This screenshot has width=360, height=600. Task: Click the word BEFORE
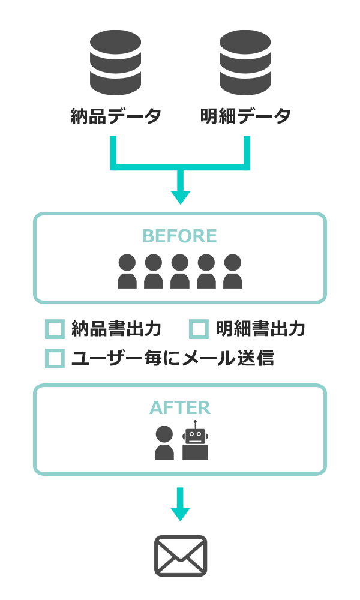(x=179, y=236)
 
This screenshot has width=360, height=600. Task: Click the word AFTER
(x=180, y=408)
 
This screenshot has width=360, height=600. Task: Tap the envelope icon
(x=181, y=556)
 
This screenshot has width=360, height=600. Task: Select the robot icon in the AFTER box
(x=196, y=445)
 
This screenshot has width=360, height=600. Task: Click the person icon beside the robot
(x=164, y=443)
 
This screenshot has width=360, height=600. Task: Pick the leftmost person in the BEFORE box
(x=127, y=272)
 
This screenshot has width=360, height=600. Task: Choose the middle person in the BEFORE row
(x=180, y=272)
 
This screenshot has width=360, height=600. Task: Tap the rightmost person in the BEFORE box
(x=233, y=272)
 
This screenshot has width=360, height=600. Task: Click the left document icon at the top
(x=115, y=62)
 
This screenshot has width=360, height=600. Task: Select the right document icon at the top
(x=245, y=62)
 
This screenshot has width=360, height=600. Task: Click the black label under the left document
(x=115, y=115)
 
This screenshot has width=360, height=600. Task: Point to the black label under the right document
(x=245, y=115)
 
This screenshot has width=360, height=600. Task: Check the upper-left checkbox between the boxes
(x=55, y=329)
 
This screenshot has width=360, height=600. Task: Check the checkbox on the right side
(x=199, y=329)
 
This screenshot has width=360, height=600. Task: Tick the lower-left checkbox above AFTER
(x=55, y=358)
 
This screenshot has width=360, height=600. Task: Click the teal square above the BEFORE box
(x=181, y=198)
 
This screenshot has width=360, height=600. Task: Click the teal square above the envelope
(x=181, y=514)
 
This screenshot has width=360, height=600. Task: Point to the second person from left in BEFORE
(x=154, y=272)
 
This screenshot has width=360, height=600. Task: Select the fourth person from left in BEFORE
(x=206, y=272)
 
